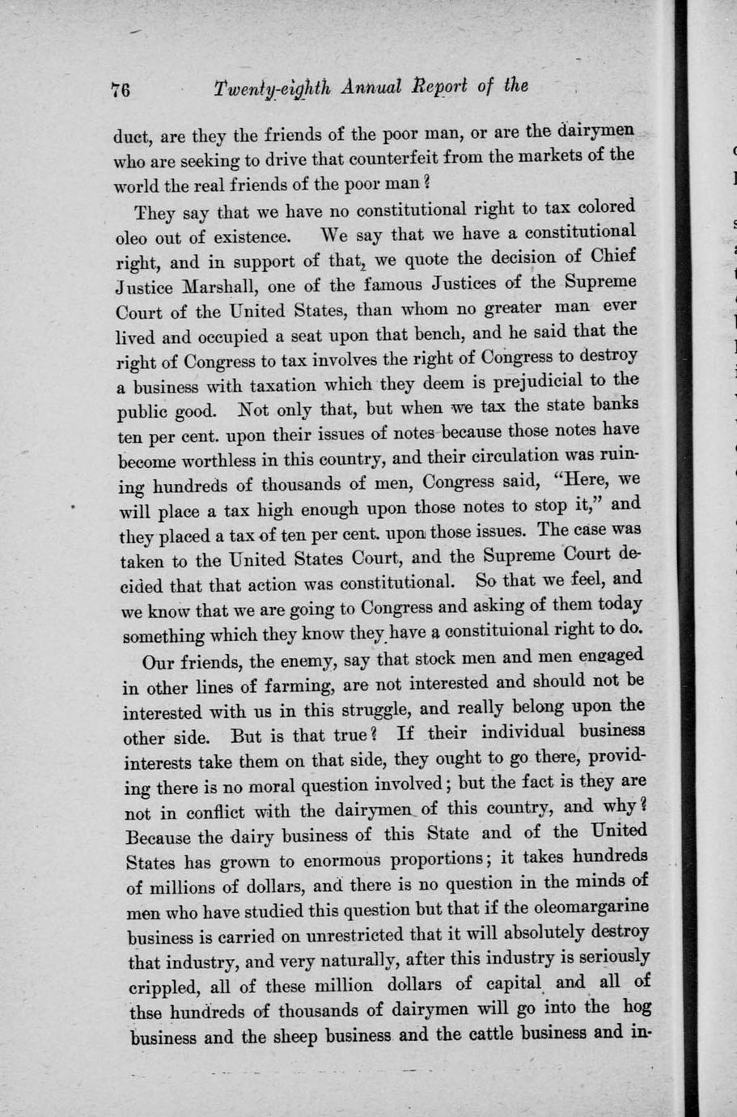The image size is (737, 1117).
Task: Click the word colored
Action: (x=606, y=206)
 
